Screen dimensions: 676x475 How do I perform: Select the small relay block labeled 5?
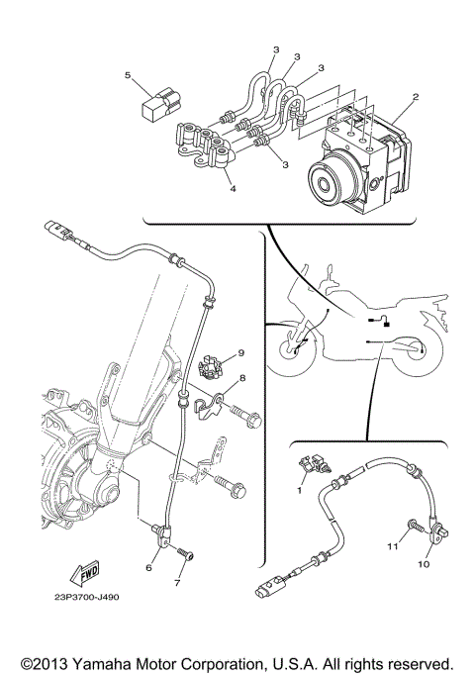click(x=161, y=103)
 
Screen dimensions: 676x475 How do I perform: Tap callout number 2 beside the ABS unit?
click(x=417, y=98)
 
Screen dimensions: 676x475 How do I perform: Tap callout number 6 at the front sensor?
click(x=149, y=567)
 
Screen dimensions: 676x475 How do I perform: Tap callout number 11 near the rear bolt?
click(x=391, y=545)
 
